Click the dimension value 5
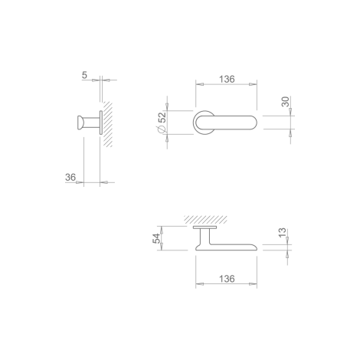(x=84, y=75)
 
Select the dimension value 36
(x=70, y=177)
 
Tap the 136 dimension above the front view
(x=227, y=79)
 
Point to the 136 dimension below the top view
(x=227, y=279)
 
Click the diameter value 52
(x=162, y=117)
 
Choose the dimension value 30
(x=285, y=101)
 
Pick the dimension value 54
(x=156, y=238)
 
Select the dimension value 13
(x=282, y=233)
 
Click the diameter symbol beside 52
(x=162, y=129)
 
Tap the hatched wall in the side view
(x=107, y=124)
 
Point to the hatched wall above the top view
(x=205, y=219)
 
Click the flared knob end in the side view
(x=80, y=123)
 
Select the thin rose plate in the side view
(x=101, y=123)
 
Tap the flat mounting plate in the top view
(x=205, y=227)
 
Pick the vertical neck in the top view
(x=205, y=236)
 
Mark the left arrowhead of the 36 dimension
(x=80, y=182)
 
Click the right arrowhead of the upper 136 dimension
(x=253, y=84)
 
